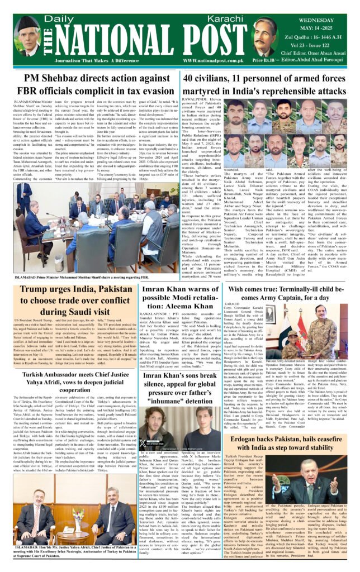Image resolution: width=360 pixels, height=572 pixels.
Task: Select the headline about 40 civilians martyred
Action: click(x=265, y=84)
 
